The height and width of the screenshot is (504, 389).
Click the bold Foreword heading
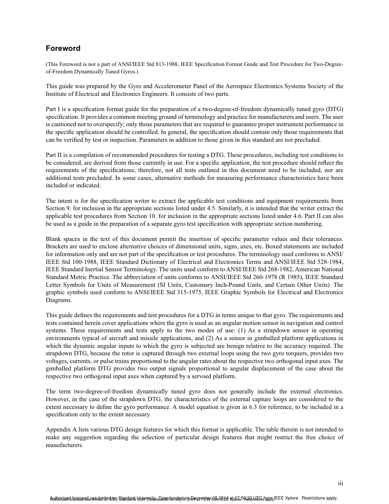pos(63,48)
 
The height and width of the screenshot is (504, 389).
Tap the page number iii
pos(340,484)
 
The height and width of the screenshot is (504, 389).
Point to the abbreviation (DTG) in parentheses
pos(335,109)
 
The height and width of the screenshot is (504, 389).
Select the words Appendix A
pos(61,430)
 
